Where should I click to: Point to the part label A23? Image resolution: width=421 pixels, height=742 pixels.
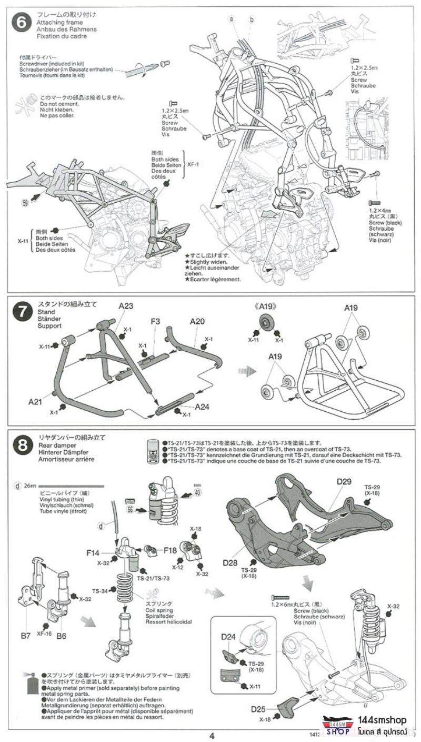tap(126, 306)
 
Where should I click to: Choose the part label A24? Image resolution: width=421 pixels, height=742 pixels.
tap(203, 407)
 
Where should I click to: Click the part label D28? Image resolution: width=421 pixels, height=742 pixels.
tap(230, 562)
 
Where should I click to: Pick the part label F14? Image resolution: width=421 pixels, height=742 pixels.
tap(94, 553)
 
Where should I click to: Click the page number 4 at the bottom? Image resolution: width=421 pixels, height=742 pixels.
tap(211, 736)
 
